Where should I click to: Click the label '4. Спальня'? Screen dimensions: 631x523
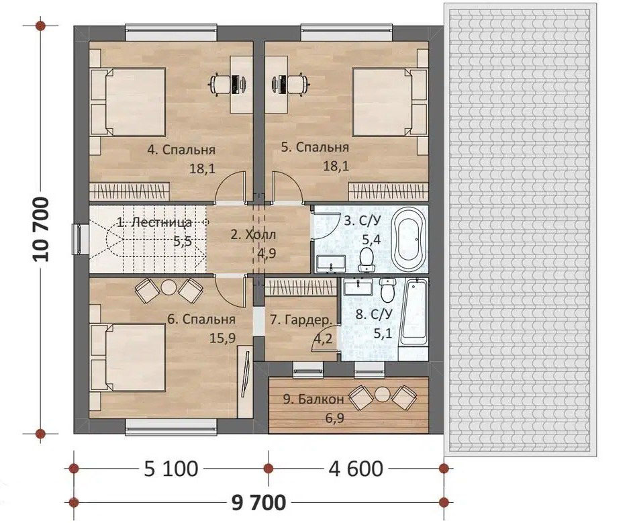click(x=181, y=150)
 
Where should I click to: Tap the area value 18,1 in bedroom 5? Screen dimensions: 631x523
click(x=336, y=167)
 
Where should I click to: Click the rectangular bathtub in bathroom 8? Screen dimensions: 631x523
click(x=414, y=312)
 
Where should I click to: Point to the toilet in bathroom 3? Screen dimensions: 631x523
click(x=367, y=259)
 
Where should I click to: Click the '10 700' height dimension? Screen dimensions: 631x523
click(x=42, y=230)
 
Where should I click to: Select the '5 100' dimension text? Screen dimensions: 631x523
click(x=171, y=469)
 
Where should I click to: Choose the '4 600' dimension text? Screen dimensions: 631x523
click(x=356, y=469)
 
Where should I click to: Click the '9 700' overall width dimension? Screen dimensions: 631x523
click(x=258, y=502)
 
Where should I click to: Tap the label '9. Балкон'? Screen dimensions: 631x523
click(x=313, y=399)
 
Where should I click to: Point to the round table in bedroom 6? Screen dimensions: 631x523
click(x=168, y=287)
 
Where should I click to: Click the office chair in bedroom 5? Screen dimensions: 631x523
click(x=298, y=84)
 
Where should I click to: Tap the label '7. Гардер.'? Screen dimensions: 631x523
click(x=301, y=320)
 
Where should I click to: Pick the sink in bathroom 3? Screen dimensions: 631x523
click(x=331, y=263)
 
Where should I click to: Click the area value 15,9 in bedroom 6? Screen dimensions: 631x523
click(x=223, y=338)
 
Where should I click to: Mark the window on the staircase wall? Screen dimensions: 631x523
click(x=80, y=240)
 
